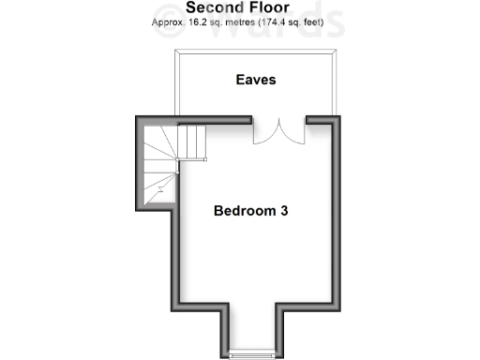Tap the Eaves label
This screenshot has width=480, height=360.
point(255,80)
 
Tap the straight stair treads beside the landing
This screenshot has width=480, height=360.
point(192,142)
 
